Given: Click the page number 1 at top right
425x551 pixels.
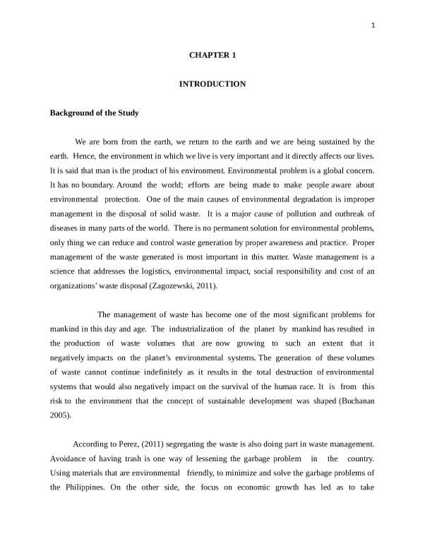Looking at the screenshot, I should pos(373,28).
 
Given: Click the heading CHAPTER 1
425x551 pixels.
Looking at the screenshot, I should pos(212,55).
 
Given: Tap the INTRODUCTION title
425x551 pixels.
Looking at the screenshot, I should pos(212,84).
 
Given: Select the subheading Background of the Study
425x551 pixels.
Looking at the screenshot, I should pos(94,113).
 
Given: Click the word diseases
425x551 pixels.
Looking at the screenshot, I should pos(64,228).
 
